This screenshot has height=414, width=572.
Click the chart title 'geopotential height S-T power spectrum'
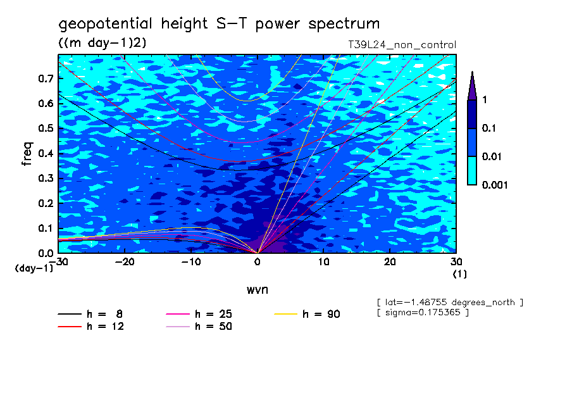coord(219,25)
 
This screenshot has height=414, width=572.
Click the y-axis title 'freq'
coord(27,154)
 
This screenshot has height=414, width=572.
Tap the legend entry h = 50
coord(213,327)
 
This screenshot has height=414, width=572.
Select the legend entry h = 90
coord(321,314)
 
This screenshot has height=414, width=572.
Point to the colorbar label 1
coord(484,100)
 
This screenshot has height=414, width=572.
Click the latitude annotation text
coord(449,303)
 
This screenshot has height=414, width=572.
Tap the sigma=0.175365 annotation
coord(422,313)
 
